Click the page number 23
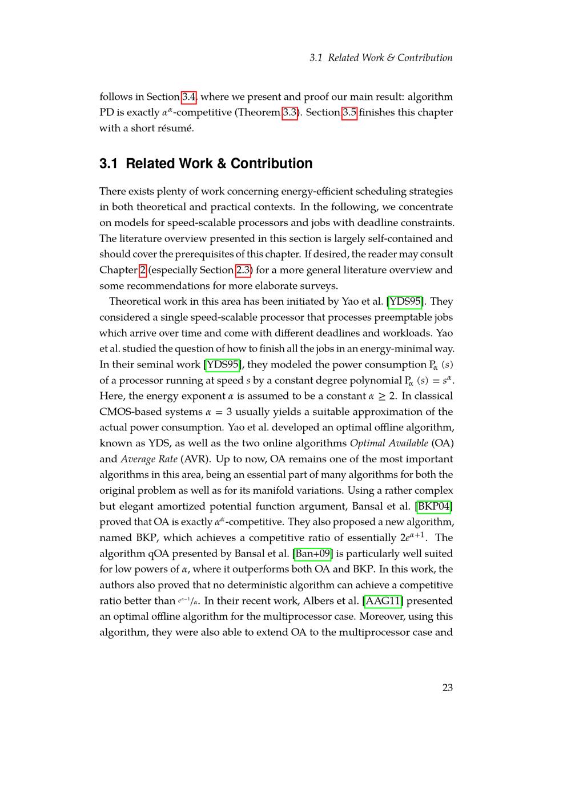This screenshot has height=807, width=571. pos(447,688)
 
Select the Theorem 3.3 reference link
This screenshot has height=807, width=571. pos(290,112)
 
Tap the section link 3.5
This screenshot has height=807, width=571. pos(349,112)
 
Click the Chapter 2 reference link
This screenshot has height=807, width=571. pos(143,270)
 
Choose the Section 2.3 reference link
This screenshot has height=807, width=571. pos(243,270)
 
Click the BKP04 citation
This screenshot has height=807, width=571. pos(435,506)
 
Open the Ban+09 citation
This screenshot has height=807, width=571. pos(312,554)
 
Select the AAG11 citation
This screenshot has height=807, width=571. pos(383,601)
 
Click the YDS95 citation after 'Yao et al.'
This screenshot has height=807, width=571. pos(405,301)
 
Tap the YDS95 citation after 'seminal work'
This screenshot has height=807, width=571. pos(223,365)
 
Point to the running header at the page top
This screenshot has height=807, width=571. pos(381,58)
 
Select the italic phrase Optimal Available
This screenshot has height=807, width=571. pos(389,443)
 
